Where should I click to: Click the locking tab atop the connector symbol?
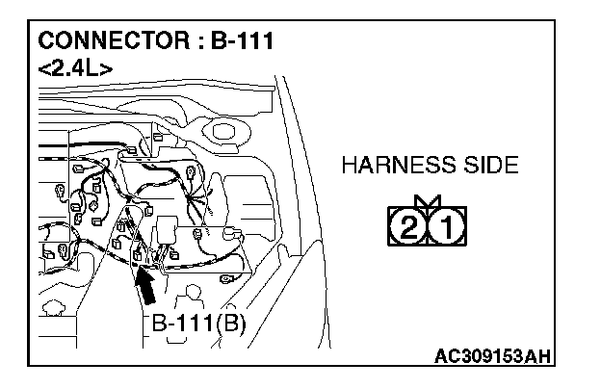429,202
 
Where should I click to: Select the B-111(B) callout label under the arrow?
198,323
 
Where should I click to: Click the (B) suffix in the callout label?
231,323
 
